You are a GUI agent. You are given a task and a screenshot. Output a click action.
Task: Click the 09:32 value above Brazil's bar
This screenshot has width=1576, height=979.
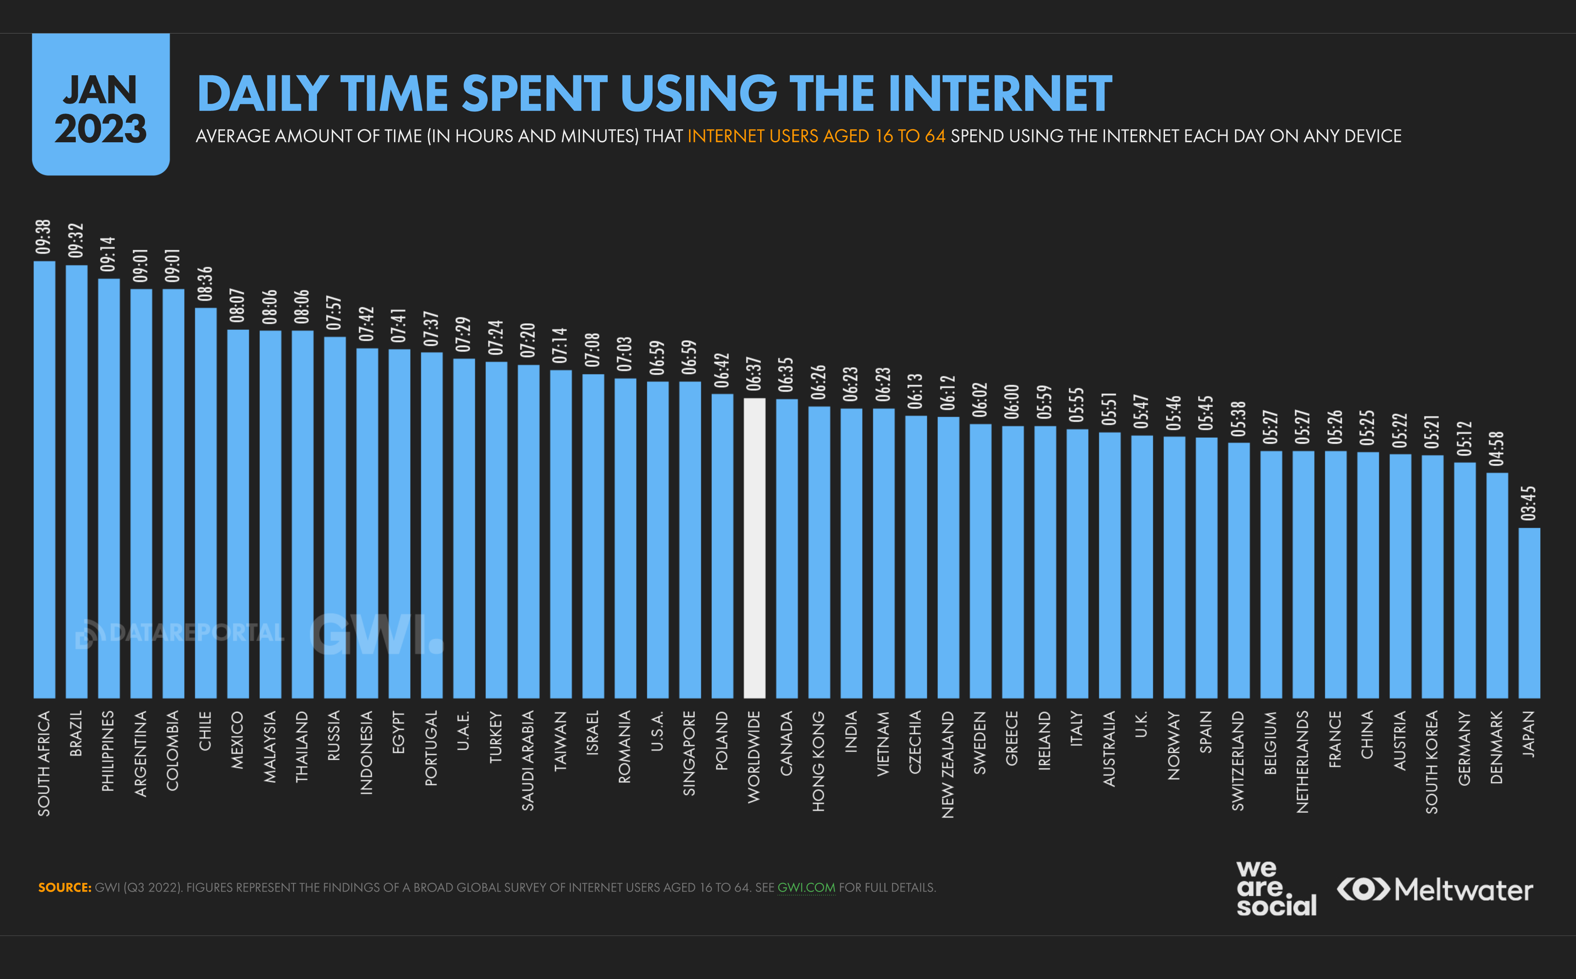click(77, 240)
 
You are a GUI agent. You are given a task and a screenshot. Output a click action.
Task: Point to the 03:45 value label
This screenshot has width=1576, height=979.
click(1529, 503)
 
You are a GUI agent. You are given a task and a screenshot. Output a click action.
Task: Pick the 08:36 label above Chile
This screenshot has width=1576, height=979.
click(205, 284)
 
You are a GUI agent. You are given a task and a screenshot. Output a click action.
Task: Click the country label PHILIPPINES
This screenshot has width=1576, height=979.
click(108, 751)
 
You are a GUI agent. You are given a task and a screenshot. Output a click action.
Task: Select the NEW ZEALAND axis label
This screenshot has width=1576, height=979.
click(948, 764)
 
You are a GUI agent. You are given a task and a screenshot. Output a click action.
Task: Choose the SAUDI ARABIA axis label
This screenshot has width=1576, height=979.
click(528, 761)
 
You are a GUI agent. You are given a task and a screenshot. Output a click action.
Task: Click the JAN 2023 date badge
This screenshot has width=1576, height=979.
click(101, 105)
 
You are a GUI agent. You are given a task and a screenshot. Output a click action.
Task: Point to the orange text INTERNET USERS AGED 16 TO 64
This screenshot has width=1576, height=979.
click(816, 136)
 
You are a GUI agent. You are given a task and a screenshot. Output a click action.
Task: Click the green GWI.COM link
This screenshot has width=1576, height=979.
click(806, 887)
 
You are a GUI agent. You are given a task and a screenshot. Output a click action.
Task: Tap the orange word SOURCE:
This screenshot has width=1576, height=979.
click(65, 887)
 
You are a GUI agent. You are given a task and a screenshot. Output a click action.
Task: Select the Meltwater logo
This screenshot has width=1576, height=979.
click(1435, 890)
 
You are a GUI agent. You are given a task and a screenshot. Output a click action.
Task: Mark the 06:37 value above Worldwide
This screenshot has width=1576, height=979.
click(754, 374)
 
